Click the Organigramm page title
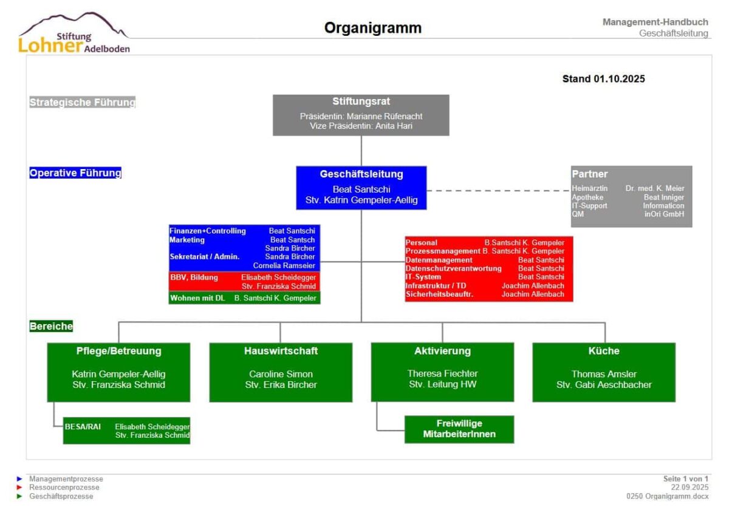[372, 28]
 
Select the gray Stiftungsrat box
[361, 114]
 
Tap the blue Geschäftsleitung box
[361, 187]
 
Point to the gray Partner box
[631, 196]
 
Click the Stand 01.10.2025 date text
[603, 78]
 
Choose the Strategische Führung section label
[82, 102]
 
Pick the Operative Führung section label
[75, 173]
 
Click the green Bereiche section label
[51, 326]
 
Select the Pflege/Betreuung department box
[118, 372]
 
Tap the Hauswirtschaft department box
[281, 372]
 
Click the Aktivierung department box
[442, 372]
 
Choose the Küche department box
[604, 372]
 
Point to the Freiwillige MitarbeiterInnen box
[459, 429]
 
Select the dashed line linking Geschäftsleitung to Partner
[498, 190]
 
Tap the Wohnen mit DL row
[244, 298]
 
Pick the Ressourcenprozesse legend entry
[64, 487]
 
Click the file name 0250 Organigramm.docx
[667, 496]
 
